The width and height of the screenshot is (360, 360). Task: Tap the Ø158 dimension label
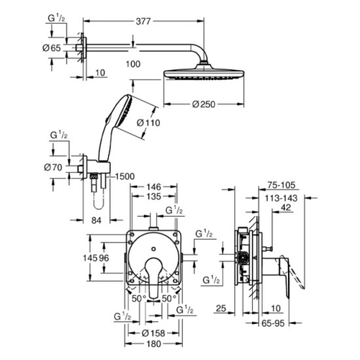point(152,334)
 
